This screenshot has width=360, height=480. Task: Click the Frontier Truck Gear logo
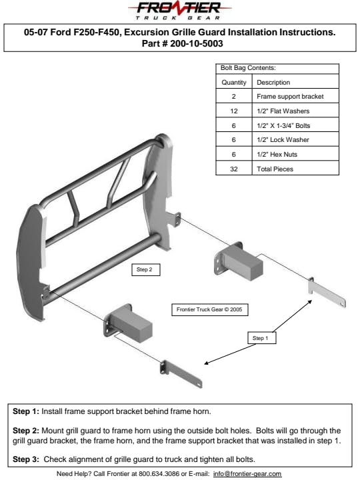point(179,11)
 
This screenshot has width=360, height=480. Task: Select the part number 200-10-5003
point(197,43)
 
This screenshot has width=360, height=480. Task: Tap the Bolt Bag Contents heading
point(248,68)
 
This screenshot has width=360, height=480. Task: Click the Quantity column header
point(234,83)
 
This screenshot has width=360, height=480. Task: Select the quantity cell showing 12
point(234,111)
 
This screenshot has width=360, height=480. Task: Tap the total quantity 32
point(234,169)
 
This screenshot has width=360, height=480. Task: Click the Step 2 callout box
point(146,270)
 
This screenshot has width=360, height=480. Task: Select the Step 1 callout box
point(262,338)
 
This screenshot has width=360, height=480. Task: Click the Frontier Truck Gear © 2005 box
point(210,309)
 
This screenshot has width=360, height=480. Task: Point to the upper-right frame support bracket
point(326,293)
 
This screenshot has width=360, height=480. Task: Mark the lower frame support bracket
point(181,375)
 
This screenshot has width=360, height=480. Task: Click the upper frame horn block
point(238,261)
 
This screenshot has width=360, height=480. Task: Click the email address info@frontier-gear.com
point(247,474)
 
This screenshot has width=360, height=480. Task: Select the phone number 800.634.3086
point(159,474)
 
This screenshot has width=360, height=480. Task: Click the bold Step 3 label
point(26,459)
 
